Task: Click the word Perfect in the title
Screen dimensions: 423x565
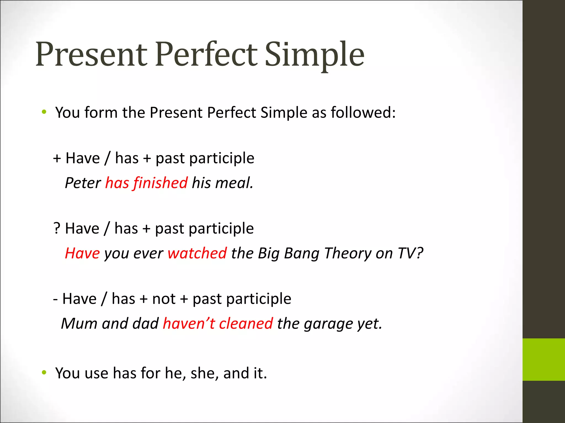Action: pos(206,54)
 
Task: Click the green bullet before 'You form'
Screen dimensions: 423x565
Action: pos(44,112)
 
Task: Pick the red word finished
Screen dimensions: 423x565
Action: pos(161,183)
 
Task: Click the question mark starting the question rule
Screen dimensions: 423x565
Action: pos(57,228)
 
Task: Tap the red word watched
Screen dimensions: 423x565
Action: pos(197,253)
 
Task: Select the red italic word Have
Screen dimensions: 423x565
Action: pos(82,253)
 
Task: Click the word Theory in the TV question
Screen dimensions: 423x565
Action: pos(348,253)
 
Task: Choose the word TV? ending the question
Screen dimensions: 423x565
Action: pos(410,253)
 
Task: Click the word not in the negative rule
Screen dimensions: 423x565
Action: pos(164,299)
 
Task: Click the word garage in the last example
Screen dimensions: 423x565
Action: pos(328,324)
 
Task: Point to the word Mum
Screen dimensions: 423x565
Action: pos(79,323)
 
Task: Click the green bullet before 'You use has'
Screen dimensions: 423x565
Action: pos(44,373)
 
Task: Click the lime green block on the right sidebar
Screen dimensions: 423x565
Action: pos(543,359)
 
